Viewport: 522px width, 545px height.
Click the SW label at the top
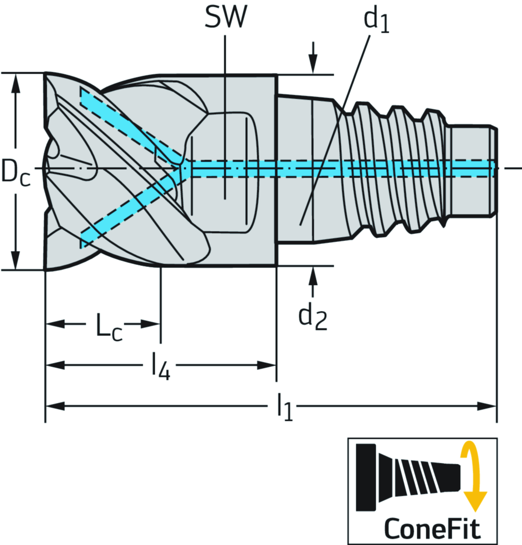225,17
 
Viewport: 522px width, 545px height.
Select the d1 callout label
376,20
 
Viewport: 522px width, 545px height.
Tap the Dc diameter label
14,171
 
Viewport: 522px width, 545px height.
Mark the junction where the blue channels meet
182,167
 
